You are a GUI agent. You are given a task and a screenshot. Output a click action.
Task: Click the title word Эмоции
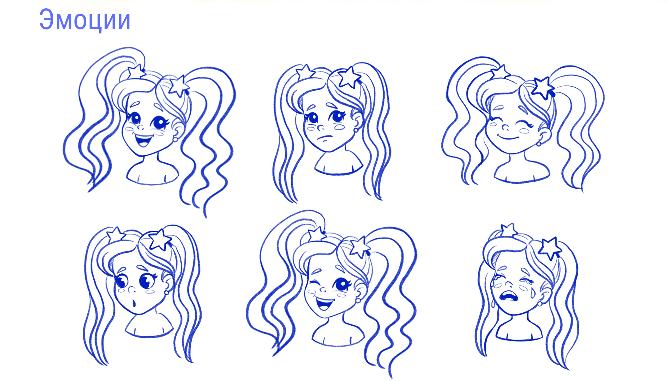85,20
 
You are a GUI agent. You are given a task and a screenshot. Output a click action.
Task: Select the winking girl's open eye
341,284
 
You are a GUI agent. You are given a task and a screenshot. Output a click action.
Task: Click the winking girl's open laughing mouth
324,304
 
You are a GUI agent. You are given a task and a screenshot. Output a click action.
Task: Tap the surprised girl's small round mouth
134,303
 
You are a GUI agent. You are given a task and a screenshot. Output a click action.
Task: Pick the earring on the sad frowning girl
356,130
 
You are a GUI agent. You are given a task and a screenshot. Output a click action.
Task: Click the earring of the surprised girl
166,292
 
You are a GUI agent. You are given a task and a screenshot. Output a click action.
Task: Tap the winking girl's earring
358,300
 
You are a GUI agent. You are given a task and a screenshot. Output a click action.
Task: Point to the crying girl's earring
540,304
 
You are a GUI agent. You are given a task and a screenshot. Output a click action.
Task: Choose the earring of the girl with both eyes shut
539,144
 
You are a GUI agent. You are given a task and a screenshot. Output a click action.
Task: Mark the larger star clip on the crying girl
549,248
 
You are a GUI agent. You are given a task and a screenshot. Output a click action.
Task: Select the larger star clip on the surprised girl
160,240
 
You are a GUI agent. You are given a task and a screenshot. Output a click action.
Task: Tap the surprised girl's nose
131,289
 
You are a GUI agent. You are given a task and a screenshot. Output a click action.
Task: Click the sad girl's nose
320,127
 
